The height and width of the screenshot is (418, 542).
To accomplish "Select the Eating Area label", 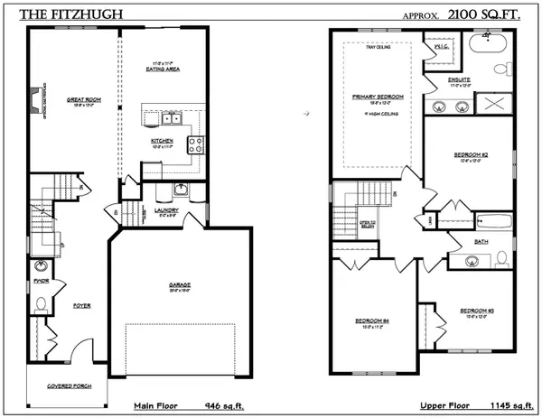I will click(164, 69).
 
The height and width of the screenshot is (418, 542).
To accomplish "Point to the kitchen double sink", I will click(171, 118).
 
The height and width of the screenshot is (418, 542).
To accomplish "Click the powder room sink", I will click(42, 267).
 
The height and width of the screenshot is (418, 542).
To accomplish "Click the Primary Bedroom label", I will click(377, 96).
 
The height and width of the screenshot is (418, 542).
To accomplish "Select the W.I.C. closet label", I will click(443, 46).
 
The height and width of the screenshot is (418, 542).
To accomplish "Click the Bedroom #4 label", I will click(371, 320).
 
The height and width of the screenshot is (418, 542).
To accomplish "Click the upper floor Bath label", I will click(480, 242).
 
